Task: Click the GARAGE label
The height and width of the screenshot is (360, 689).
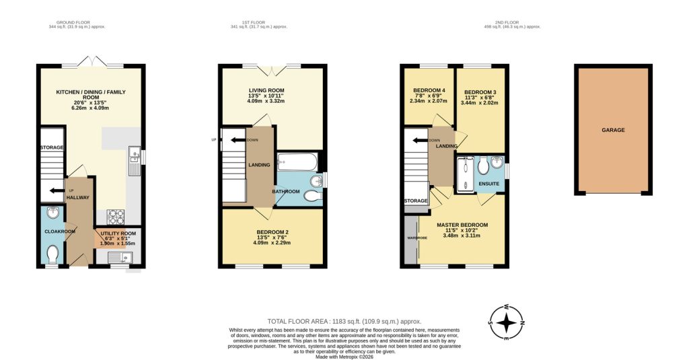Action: (x=613, y=130)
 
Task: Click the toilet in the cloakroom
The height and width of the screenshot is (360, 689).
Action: (x=52, y=253)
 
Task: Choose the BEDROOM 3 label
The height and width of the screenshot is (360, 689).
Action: (x=479, y=92)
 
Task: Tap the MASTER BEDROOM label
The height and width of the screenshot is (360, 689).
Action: (x=462, y=225)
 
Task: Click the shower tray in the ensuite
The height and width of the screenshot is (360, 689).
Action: (x=463, y=174)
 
